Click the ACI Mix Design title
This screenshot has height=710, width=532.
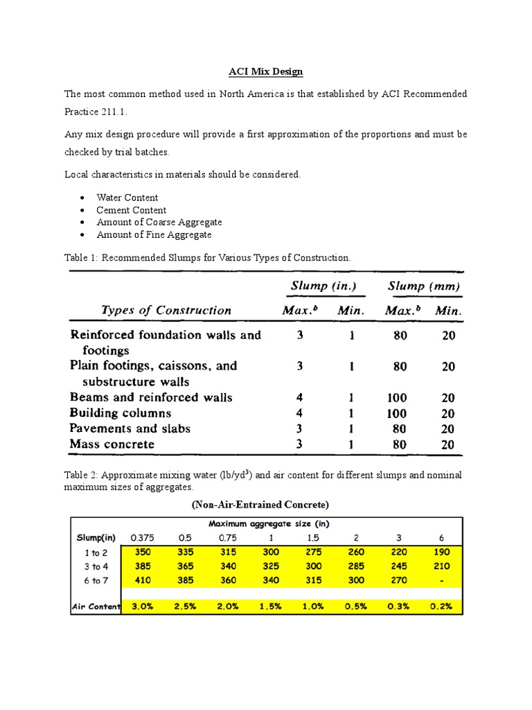(x=266, y=71)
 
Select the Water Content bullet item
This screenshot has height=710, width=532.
(x=127, y=198)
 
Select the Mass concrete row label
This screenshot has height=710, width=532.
(x=112, y=444)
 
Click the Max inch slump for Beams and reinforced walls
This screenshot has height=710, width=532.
(x=299, y=398)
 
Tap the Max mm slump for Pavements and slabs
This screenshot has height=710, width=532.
(x=400, y=428)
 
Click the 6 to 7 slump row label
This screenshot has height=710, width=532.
(x=96, y=580)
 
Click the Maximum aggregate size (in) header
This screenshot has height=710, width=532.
(x=271, y=524)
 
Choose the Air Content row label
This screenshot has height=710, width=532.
(x=96, y=607)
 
